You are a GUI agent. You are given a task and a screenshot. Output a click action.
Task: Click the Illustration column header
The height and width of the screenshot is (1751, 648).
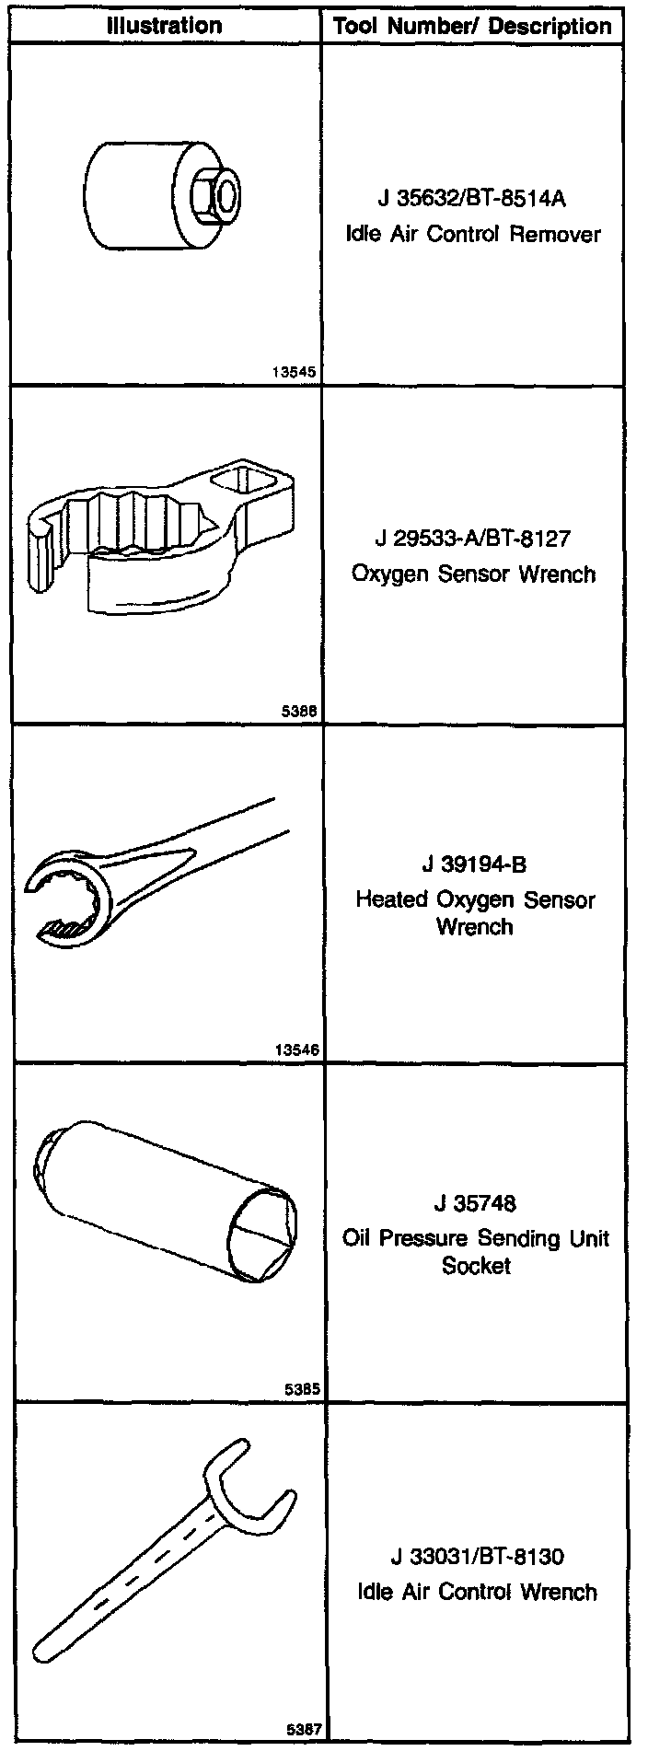(165, 25)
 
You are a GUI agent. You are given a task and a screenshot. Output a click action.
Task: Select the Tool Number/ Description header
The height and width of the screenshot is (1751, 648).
(472, 26)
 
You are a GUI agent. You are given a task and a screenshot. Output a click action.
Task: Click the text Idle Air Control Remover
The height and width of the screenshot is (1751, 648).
(472, 234)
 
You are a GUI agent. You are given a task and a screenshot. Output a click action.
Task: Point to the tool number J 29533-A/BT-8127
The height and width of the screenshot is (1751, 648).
(472, 538)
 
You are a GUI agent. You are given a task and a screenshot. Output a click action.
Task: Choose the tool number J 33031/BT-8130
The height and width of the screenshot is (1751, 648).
(476, 1557)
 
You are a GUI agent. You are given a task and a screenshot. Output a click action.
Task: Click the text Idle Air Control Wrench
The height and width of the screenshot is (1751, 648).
(477, 1592)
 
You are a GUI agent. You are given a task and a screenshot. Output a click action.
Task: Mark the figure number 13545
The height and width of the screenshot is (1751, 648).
(295, 373)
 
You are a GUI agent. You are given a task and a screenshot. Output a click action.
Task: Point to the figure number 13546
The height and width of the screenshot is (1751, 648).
(295, 1049)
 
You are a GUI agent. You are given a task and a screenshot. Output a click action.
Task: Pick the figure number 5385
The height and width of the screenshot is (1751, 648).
(302, 1389)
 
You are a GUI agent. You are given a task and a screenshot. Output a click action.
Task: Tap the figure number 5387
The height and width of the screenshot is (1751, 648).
(302, 1729)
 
